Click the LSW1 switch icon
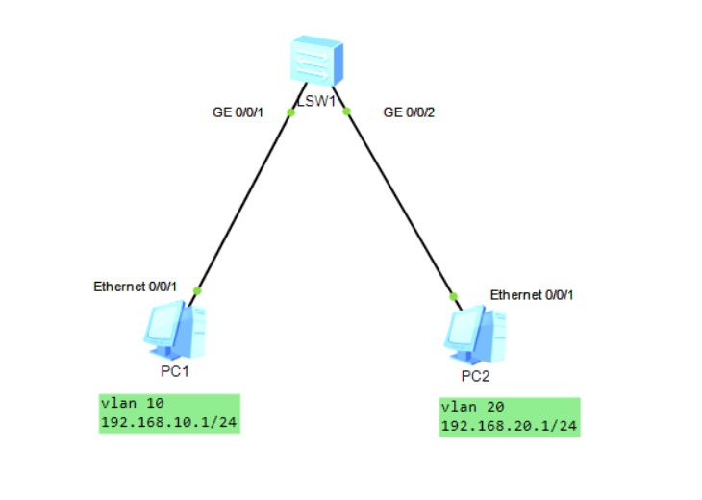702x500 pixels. coord(318,62)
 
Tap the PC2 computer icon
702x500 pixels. coord(477,333)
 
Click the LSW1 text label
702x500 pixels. coord(314,102)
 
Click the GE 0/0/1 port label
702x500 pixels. coord(238,112)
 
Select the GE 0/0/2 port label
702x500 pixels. coord(410,112)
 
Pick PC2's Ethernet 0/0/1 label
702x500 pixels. coord(532,295)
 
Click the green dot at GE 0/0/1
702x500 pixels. coord(289,112)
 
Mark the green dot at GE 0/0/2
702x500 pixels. coord(347,112)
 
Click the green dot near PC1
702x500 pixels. coord(197,289)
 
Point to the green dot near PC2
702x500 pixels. coord(454,296)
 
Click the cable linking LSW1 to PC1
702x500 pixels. coord(243,201)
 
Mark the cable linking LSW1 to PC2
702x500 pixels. coord(400,204)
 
